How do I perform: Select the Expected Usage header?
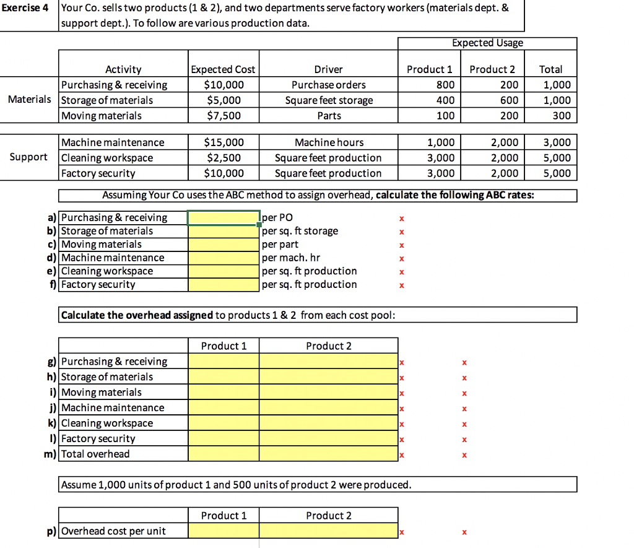pos(487,43)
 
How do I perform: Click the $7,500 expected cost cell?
pos(224,116)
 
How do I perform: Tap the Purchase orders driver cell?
pos(328,85)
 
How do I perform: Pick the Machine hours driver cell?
pos(328,142)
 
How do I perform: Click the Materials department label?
pos(29,100)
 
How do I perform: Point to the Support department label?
pos(28,157)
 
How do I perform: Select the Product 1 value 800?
pos(445,85)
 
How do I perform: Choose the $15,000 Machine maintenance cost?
pos(224,142)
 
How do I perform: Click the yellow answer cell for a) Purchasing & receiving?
pos(224,217)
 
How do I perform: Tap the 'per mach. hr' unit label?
pos(292,258)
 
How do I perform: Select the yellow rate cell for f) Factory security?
pos(224,285)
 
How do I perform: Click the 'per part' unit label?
pos(280,245)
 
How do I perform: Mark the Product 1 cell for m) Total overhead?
pos(224,454)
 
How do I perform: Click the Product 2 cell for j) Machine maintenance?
pos(328,407)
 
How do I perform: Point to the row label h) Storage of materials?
pos(106,376)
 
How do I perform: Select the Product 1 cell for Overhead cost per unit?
pos(224,531)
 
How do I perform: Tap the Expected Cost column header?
pos(224,69)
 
